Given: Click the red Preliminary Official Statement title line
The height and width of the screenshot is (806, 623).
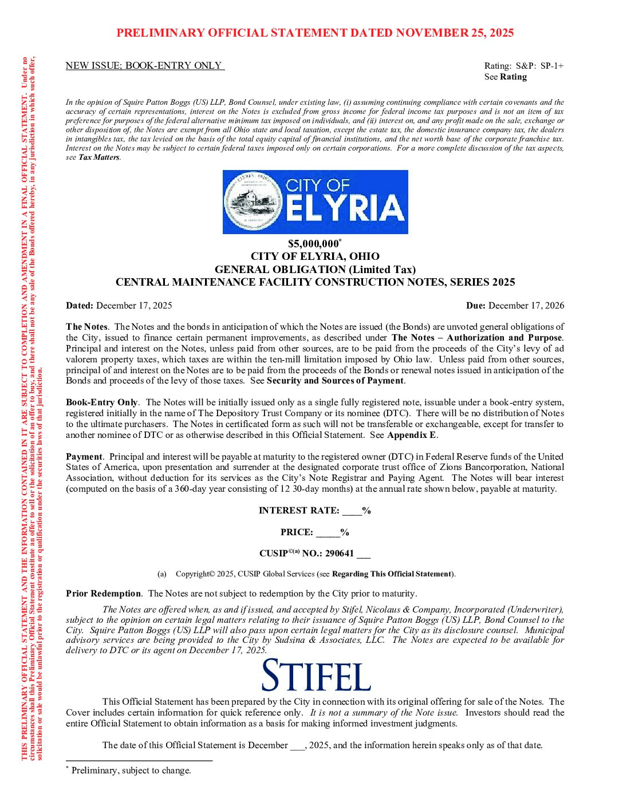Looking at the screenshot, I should tap(315, 33).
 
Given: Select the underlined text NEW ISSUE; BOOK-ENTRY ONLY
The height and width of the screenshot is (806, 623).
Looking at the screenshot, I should tap(144, 66).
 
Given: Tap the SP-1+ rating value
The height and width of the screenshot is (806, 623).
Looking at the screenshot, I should tap(552, 66).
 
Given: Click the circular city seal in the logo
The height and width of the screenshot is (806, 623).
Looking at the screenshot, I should tap(253, 201).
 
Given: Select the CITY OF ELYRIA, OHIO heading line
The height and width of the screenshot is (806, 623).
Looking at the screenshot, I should tap(315, 256).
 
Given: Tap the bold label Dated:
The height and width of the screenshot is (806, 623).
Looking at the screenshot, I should tap(80, 306).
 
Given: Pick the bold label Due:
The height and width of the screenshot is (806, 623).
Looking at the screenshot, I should tap(476, 306).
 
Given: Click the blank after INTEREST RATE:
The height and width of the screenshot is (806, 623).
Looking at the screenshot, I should tap(352, 511).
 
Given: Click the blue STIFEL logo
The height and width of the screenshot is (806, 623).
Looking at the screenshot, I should tap(316, 675).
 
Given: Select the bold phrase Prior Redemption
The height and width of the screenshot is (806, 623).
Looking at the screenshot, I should tap(103, 594).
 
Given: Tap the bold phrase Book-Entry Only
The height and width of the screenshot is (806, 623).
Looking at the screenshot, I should tap(101, 402).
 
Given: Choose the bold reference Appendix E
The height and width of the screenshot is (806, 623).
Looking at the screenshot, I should tap(411, 435).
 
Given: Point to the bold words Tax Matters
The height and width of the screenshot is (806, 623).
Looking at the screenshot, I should tap(98, 157).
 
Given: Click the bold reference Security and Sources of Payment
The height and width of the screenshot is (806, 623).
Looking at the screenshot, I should tap(335, 381).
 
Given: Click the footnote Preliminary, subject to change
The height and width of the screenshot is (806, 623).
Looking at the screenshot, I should tap(131, 771).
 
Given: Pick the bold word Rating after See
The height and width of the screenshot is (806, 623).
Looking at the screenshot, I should tap(513, 77).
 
